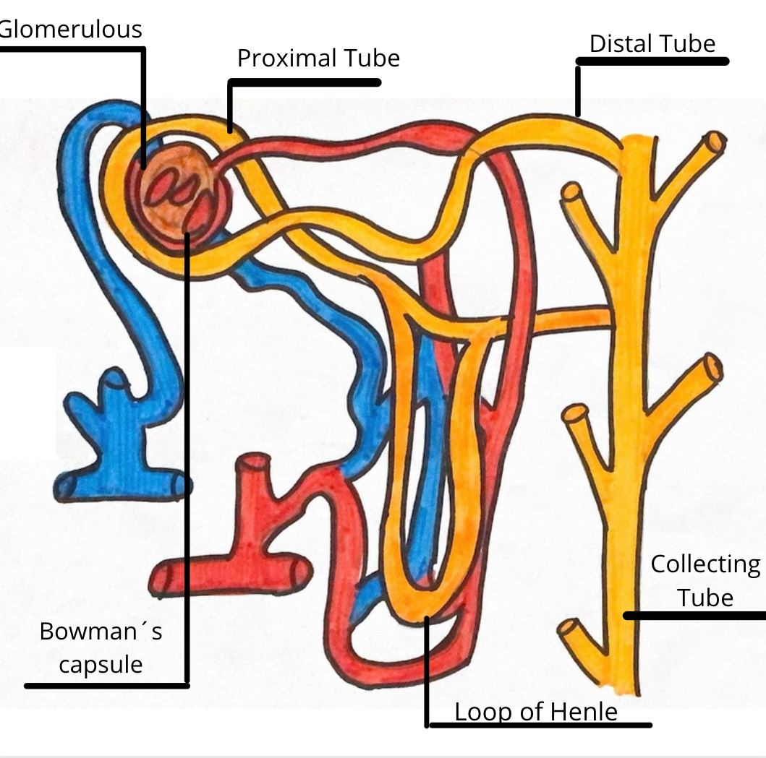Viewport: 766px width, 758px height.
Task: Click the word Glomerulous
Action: coord(70,29)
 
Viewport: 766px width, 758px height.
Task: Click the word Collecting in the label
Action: coord(705,564)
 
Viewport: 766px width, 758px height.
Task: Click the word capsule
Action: coord(101,663)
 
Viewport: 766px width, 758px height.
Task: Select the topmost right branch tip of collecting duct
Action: coord(717,142)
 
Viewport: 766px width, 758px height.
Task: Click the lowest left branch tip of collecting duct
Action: coord(567,629)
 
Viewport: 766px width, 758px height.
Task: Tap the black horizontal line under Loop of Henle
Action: coord(540,725)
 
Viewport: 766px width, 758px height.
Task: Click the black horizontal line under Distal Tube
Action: coord(651,62)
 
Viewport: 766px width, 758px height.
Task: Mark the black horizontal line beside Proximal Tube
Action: coord(304,82)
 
